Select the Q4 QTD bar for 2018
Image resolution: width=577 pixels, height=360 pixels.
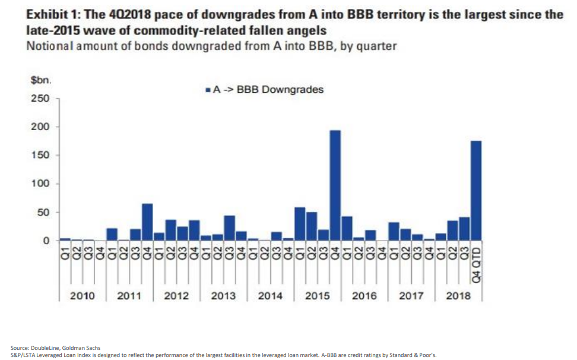click(x=475, y=191)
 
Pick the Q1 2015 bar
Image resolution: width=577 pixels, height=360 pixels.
click(x=300, y=224)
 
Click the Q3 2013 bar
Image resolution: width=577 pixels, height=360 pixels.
click(x=229, y=228)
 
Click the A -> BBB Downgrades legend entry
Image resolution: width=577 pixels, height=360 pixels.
click(x=264, y=90)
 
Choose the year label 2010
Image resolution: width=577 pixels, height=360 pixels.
click(x=83, y=295)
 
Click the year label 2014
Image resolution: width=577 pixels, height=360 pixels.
click(x=270, y=295)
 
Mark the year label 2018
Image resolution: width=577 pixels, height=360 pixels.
click(x=458, y=295)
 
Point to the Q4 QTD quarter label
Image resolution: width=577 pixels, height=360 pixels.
click(x=475, y=261)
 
